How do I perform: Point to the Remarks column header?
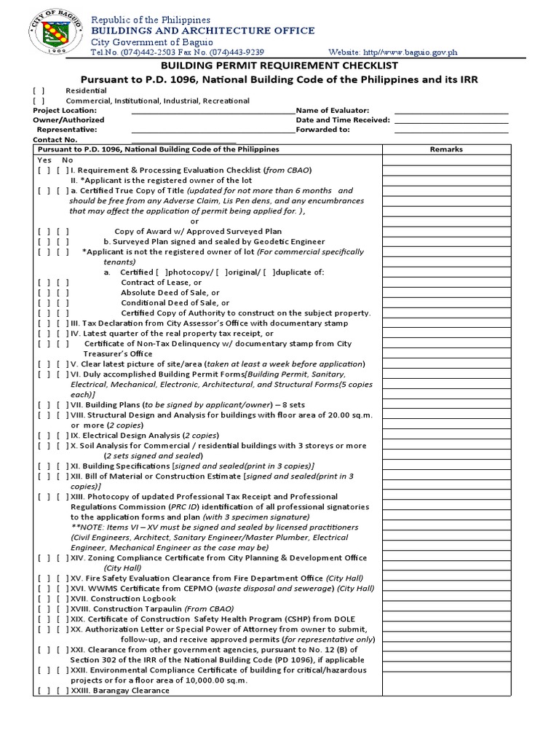(x=446, y=149)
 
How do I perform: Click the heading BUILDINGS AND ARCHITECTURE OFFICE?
(x=202, y=31)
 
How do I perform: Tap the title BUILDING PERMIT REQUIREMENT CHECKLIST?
(x=279, y=66)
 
